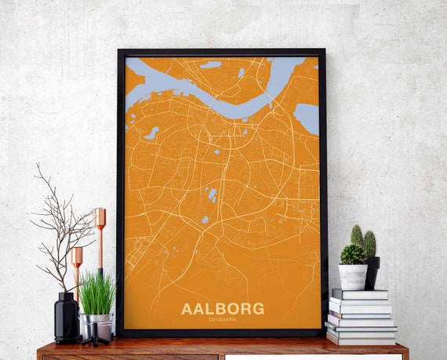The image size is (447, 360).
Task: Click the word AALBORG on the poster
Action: (222, 308)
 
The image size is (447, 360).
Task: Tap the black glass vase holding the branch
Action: (66, 317)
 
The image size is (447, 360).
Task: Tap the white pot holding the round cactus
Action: (352, 276)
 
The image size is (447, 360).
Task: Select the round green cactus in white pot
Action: (352, 254)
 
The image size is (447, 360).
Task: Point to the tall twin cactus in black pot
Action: (363, 240)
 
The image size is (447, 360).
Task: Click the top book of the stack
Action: (359, 293)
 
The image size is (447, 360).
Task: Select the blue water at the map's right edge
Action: (307, 118)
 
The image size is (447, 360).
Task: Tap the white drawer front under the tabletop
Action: (314, 356)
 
